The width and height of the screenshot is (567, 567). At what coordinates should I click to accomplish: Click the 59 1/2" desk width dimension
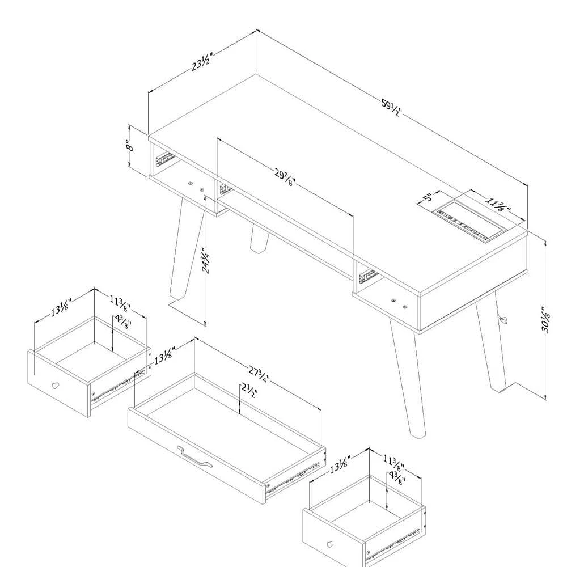[x=391, y=108]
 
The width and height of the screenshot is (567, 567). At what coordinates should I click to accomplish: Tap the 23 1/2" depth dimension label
[x=201, y=62]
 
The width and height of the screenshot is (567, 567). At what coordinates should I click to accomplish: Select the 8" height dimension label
[x=130, y=145]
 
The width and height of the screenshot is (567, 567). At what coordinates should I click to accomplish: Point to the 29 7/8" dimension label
[x=285, y=177]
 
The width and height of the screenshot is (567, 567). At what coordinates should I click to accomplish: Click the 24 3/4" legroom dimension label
[x=206, y=260]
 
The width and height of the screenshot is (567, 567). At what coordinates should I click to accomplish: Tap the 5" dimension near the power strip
[x=428, y=197]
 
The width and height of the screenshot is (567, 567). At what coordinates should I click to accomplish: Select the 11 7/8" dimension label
[x=498, y=204]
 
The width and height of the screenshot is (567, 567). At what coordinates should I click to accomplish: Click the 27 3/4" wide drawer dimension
[x=259, y=374]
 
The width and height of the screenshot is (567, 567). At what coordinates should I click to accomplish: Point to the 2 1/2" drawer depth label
[x=250, y=391]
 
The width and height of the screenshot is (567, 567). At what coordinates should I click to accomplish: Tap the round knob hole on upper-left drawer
[x=55, y=386]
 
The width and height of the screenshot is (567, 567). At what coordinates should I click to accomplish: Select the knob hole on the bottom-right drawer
[x=330, y=544]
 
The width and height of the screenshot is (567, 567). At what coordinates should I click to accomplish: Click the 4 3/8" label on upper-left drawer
[x=123, y=321]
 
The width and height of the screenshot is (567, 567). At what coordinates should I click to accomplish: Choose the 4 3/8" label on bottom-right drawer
[x=397, y=478]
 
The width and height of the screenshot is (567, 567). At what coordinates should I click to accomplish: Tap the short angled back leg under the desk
[x=259, y=238]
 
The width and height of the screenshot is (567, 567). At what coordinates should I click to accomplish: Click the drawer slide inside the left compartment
[x=164, y=159]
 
